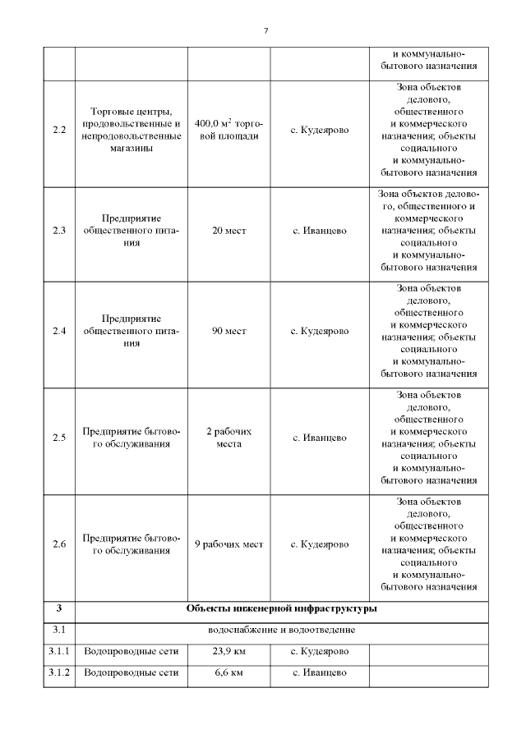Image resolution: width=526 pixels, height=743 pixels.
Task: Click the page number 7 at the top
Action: (265, 31)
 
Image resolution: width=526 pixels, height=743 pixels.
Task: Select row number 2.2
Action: (59, 131)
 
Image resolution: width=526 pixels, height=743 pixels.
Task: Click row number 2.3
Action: (59, 231)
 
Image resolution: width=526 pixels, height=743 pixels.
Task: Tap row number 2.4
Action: (59, 331)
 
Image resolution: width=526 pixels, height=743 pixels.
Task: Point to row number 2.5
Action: (59, 438)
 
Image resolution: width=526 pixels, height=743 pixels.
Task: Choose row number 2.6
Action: (59, 544)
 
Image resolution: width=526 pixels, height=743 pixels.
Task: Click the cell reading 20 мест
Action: (228, 231)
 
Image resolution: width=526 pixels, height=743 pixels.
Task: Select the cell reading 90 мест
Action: (228, 331)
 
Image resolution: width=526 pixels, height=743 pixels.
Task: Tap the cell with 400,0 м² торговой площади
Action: (228, 131)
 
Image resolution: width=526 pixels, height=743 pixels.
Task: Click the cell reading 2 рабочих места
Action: (228, 438)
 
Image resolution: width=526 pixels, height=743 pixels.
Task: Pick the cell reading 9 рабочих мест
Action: (228, 544)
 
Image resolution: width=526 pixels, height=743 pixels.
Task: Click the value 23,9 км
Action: (228, 652)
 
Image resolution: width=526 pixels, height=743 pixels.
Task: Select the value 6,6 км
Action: (228, 673)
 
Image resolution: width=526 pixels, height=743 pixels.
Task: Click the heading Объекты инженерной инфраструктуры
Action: (281, 609)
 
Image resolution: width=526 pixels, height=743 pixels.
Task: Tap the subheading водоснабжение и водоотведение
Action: (281, 631)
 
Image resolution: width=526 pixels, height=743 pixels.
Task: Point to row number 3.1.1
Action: (59, 652)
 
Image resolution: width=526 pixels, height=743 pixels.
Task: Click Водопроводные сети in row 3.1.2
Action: (131, 673)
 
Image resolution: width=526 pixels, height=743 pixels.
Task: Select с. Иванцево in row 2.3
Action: (319, 231)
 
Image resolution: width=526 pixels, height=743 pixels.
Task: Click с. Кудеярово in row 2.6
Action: (319, 544)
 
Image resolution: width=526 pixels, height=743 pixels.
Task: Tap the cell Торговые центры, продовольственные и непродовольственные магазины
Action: (131, 131)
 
